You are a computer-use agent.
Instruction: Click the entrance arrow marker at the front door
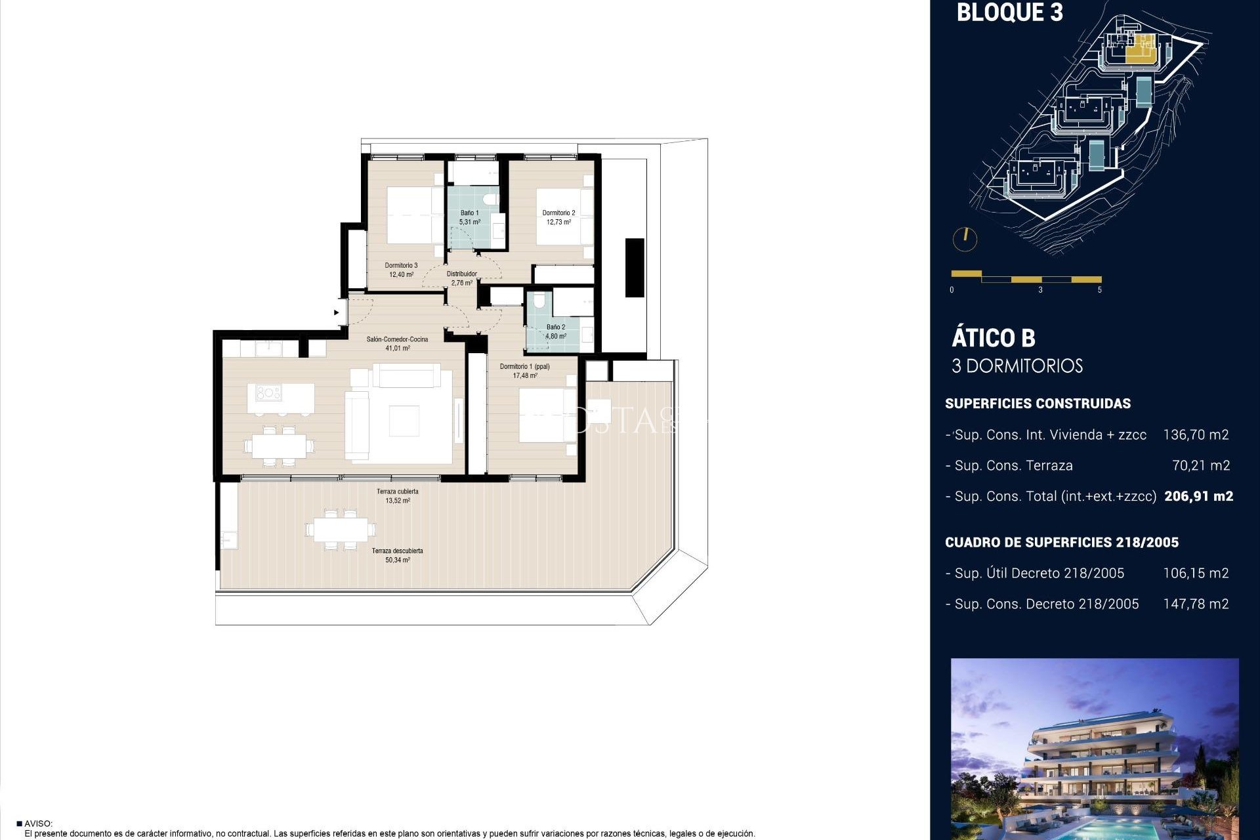coord(337,312)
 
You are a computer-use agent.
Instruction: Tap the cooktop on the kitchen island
coord(268,393)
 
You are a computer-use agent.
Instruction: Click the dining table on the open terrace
coord(341,529)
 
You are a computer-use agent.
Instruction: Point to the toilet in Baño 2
coord(539,301)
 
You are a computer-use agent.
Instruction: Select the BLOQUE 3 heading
coord(1009,12)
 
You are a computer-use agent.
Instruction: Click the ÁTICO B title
coord(993,338)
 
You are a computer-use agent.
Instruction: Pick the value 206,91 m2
coord(1198,496)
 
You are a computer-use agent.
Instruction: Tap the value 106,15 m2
coord(1196,573)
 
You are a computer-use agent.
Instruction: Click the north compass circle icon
coord(965,239)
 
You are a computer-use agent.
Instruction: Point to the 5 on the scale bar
coord(1100,289)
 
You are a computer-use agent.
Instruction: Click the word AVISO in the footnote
coord(38,824)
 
